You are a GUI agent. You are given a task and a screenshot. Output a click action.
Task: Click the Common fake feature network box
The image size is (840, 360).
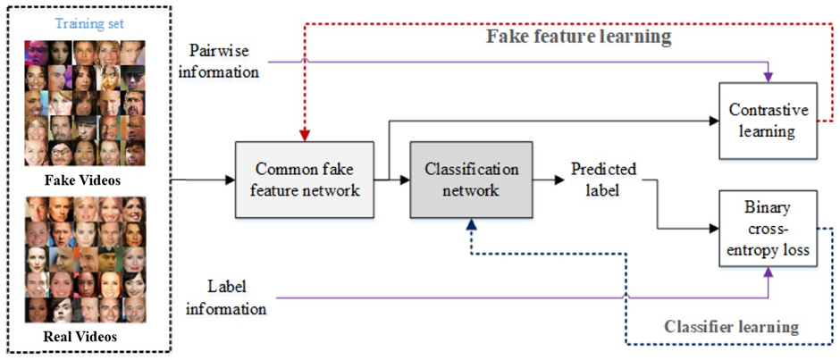tap(303, 179)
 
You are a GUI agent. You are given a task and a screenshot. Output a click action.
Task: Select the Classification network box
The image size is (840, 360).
tap(471, 179)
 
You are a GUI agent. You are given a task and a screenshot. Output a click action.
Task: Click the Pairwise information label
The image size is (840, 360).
tap(219, 62)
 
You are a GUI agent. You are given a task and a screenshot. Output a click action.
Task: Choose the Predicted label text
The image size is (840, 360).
tap(604, 178)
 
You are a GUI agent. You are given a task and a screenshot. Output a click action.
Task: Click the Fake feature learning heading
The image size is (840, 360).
tap(578, 38)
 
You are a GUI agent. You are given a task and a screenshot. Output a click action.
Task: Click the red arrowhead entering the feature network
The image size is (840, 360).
tap(305, 136)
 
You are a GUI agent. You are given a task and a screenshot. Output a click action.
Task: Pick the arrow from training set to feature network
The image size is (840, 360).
tap(201, 180)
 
